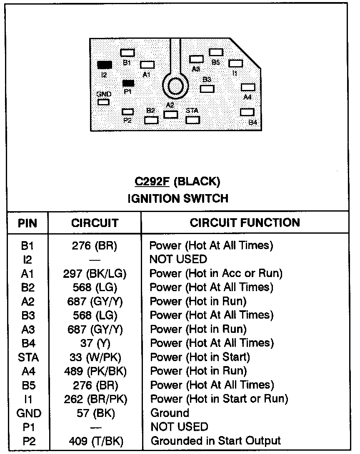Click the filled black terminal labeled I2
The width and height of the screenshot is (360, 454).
105,65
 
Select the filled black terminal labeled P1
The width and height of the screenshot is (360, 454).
128,83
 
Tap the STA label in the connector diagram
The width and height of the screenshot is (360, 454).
192,111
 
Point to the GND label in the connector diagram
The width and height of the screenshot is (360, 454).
104,94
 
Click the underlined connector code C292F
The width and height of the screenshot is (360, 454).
151,182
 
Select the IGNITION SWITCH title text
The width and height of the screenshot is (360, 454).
178,198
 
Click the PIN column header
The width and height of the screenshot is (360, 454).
27,223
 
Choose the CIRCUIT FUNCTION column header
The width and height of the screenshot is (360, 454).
245,222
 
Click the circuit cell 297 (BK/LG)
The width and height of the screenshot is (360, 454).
95,274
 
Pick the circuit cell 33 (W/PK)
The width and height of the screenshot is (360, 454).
95,357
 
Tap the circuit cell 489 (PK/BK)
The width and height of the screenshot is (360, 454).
95,371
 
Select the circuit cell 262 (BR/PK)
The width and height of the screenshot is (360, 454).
95,399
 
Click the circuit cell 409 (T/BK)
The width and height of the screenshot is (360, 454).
95,441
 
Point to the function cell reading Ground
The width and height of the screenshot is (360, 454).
169,413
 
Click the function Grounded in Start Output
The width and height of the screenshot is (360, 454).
215,441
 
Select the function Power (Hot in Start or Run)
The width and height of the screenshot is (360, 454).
219,399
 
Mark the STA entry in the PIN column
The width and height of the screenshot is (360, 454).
27,357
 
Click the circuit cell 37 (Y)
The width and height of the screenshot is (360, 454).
95,343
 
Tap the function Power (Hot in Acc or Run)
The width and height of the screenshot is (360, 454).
216,274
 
